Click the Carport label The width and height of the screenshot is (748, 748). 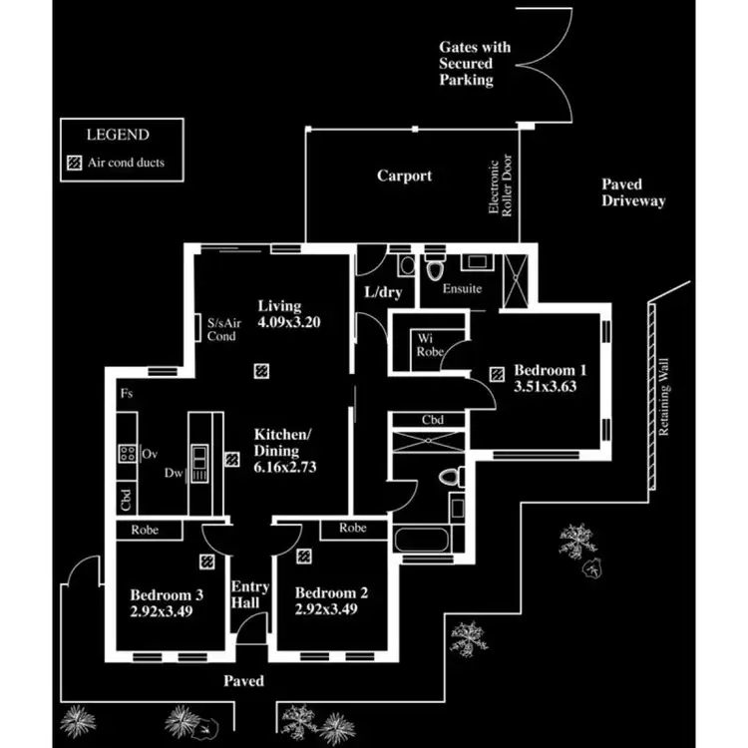(x=404, y=177)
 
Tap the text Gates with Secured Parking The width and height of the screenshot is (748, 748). (x=474, y=63)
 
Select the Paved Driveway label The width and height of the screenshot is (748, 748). (x=633, y=192)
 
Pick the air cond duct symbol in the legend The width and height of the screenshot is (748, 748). (x=73, y=162)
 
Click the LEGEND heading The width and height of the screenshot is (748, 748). (x=118, y=135)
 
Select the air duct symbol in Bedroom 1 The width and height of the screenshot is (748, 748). (x=496, y=375)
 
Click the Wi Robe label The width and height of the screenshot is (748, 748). (x=430, y=345)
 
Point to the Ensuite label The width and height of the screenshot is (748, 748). (x=463, y=289)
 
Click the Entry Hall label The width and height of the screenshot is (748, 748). (x=245, y=594)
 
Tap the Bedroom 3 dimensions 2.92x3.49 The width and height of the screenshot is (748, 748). (x=161, y=610)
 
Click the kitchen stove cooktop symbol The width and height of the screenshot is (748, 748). (x=128, y=454)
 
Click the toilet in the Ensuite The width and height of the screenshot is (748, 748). (x=435, y=269)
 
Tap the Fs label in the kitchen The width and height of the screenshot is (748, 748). (x=127, y=395)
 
